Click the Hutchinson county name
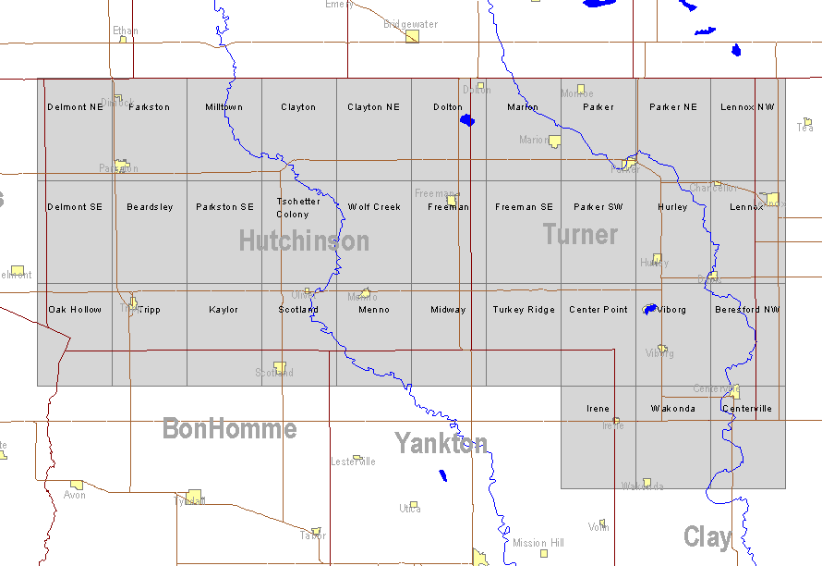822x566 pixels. click(x=304, y=241)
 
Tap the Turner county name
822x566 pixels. click(x=580, y=235)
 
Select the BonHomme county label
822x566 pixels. click(x=229, y=428)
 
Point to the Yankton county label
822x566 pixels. click(x=441, y=443)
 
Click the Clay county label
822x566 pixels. click(x=707, y=536)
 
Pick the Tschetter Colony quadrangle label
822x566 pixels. click(x=298, y=207)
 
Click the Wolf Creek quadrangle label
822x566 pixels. click(x=374, y=207)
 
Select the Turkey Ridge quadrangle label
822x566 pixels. click(x=524, y=310)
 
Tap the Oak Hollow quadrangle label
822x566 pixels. click(x=75, y=310)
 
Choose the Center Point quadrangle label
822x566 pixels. click(x=598, y=310)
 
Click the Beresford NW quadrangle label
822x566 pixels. click(x=747, y=310)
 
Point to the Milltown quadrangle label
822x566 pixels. click(x=224, y=107)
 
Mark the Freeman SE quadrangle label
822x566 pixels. click(x=524, y=207)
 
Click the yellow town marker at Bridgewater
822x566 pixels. click(x=413, y=36)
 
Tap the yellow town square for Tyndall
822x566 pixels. click(x=194, y=496)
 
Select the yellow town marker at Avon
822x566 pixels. click(x=77, y=485)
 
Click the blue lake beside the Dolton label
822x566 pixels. click(x=467, y=120)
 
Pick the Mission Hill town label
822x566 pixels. click(x=538, y=543)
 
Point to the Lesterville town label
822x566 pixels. click(x=353, y=461)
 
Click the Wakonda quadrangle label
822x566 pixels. click(x=672, y=409)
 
